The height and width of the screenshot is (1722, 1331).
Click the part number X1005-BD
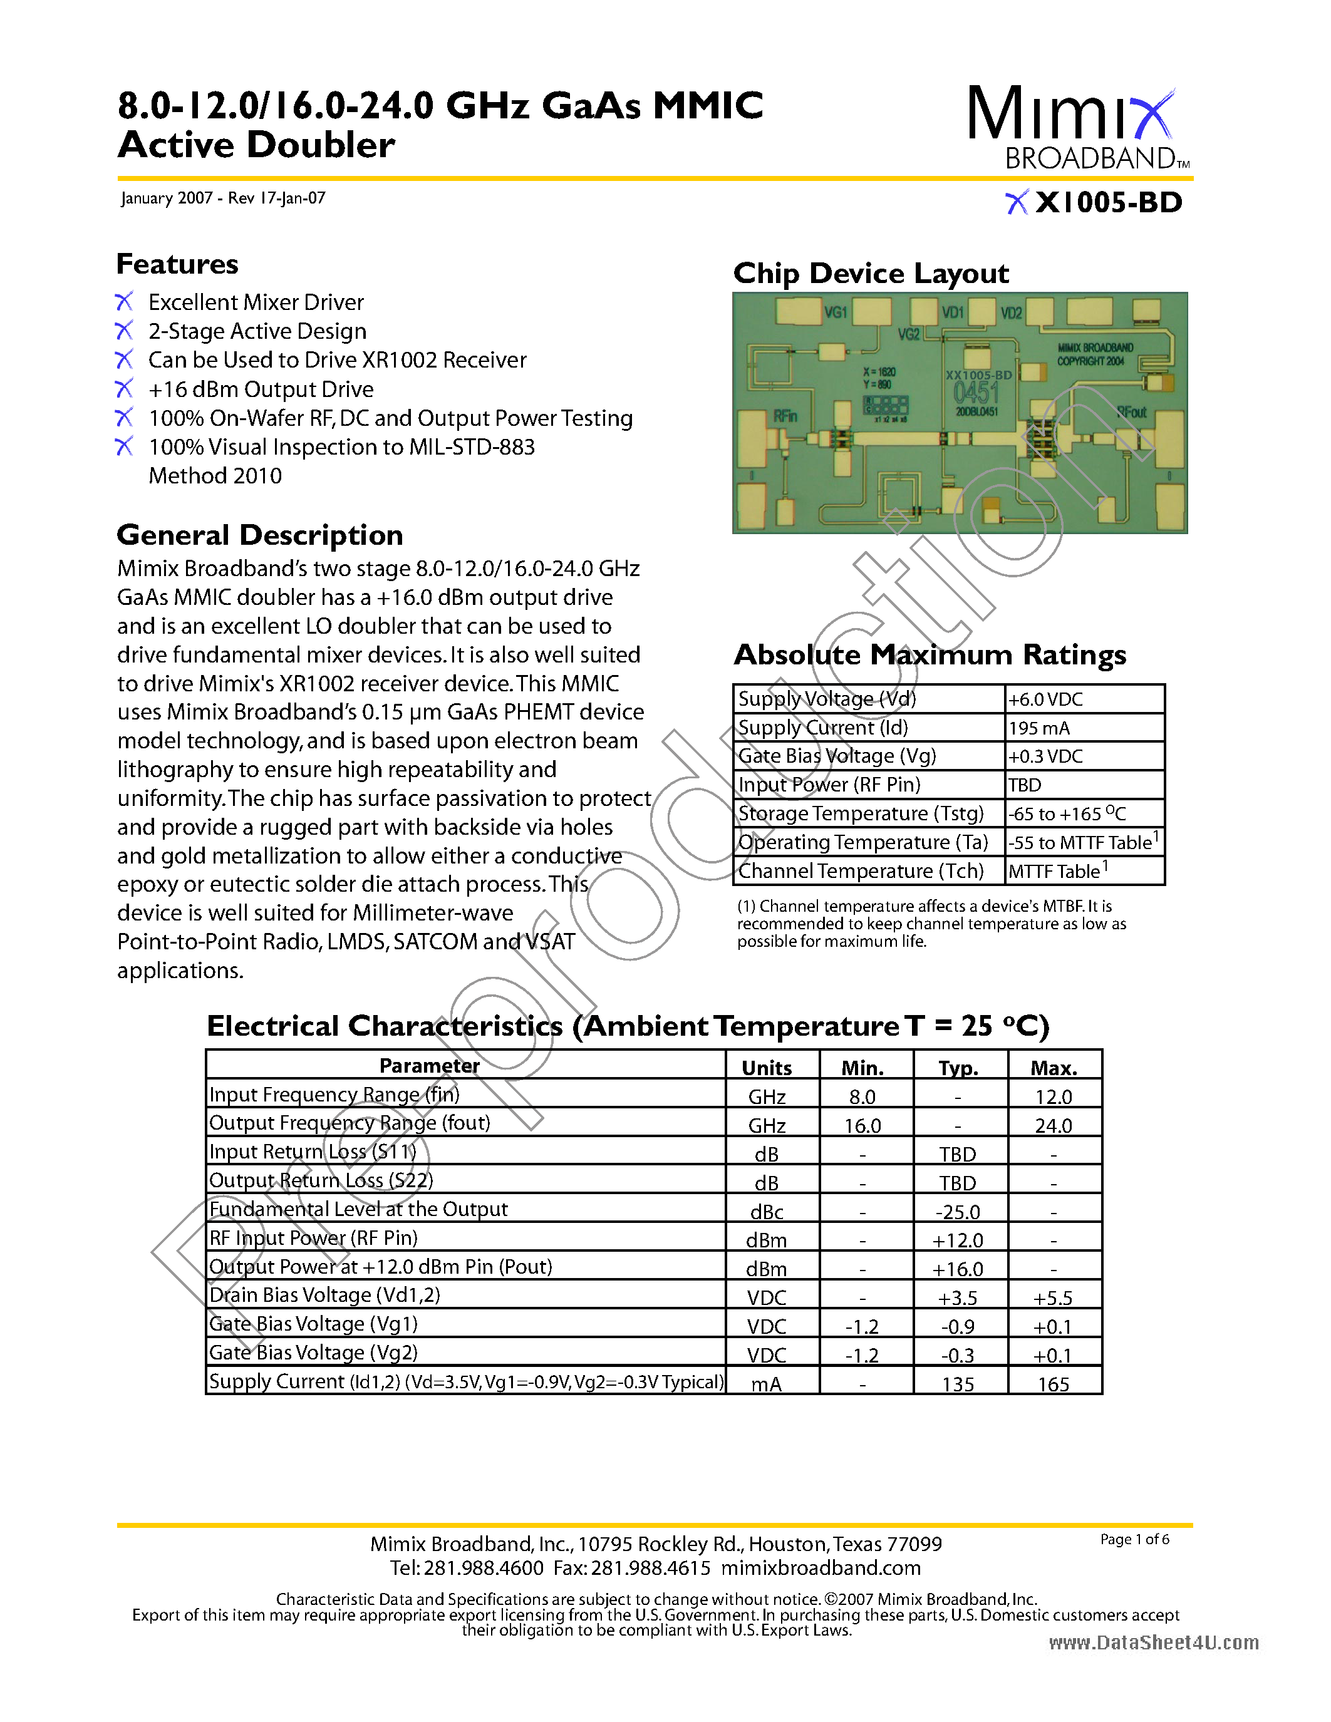[1108, 203]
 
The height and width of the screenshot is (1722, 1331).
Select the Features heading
[177, 264]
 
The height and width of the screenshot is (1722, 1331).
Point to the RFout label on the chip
[1130, 413]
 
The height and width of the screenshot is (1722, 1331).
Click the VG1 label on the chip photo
[835, 313]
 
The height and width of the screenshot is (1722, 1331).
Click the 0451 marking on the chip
[975, 392]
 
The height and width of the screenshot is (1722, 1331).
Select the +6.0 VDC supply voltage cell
[1045, 699]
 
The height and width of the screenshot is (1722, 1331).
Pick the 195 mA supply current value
[1039, 728]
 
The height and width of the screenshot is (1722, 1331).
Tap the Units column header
[767, 1068]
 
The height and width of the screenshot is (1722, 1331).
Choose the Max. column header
[1054, 1068]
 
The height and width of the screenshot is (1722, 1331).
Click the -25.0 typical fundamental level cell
[958, 1212]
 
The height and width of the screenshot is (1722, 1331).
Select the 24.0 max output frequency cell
[1054, 1125]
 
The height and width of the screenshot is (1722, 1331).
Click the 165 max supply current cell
[1054, 1384]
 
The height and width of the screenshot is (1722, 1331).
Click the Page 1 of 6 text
[1135, 1539]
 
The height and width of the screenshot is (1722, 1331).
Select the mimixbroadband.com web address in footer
[821, 1567]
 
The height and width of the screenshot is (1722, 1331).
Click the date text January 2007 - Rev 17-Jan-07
[223, 198]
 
